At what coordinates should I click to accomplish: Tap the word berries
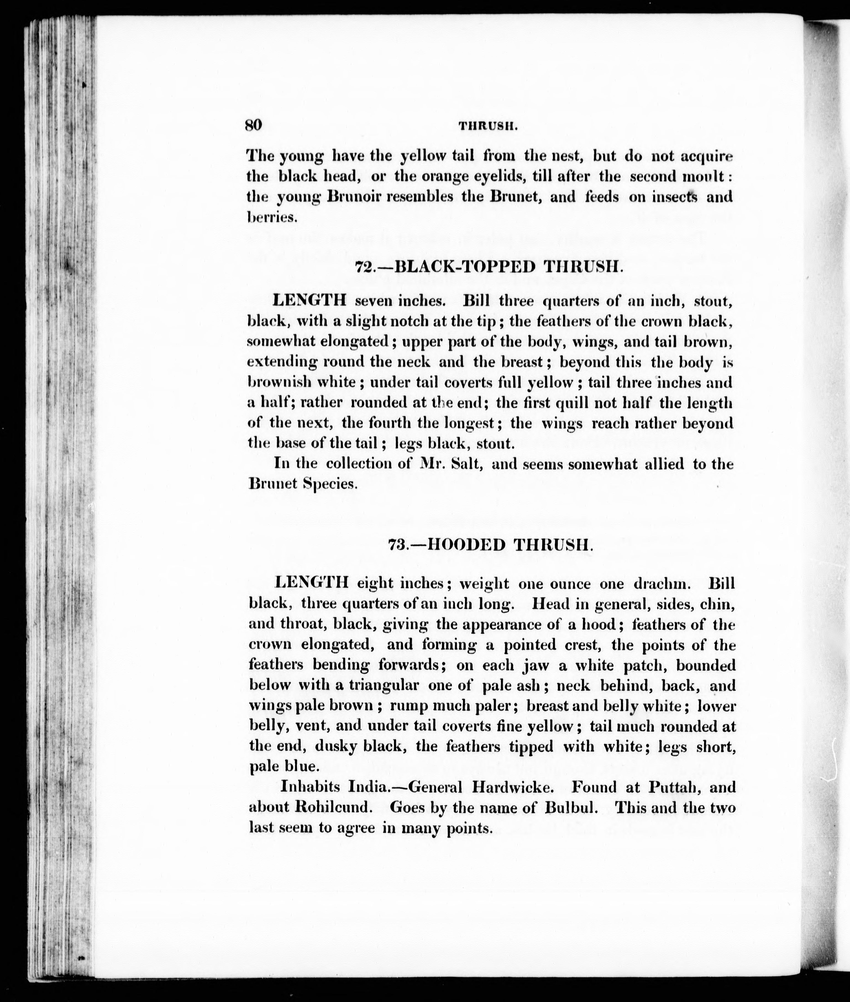[x=271, y=217]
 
